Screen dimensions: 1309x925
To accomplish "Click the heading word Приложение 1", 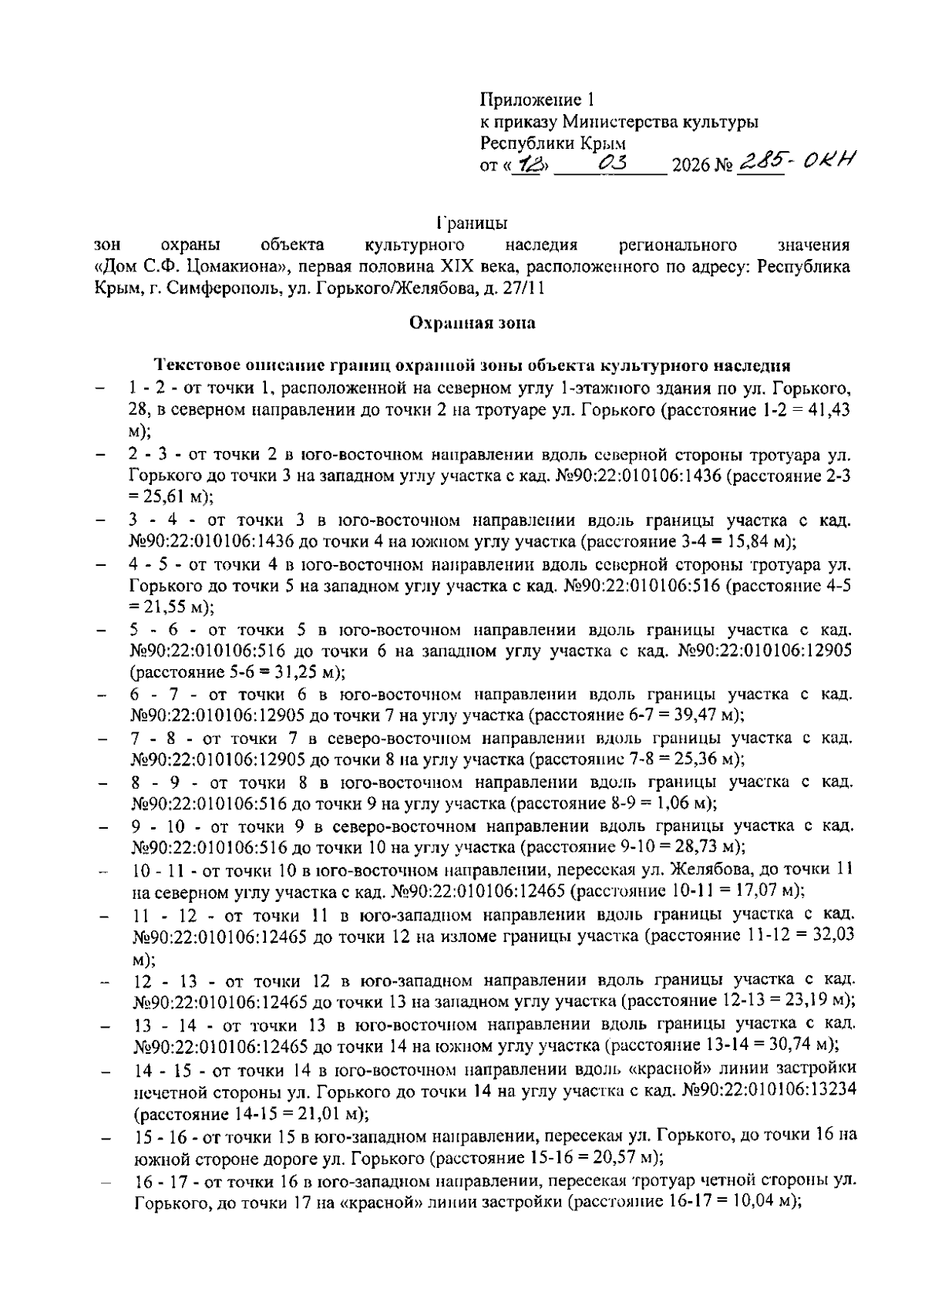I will pos(537,99).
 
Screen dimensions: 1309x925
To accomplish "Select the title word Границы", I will pos(471,224).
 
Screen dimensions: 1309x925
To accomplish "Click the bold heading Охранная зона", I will pos(472,323).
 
